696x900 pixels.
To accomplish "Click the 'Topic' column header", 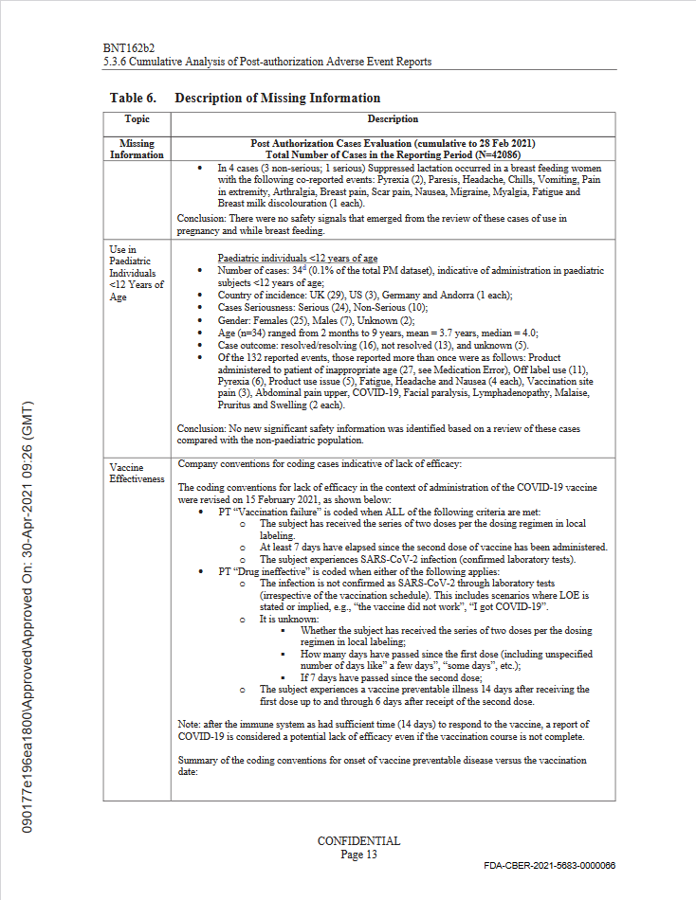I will point(137,119).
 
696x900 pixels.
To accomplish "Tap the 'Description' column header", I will point(393,119).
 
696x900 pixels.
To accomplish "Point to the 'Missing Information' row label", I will point(137,149).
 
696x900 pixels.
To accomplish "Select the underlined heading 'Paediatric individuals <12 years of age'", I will point(298,258).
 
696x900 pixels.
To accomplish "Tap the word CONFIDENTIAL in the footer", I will point(358,841).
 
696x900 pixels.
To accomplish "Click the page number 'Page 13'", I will point(358,854).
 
